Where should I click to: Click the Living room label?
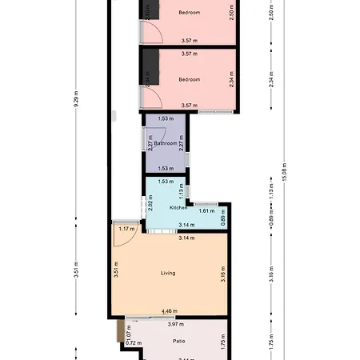[x=168, y=273]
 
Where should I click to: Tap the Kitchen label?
[x=178, y=207]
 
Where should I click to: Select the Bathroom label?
[x=166, y=144]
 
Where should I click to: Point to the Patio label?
[x=179, y=341]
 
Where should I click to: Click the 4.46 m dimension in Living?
[x=169, y=310]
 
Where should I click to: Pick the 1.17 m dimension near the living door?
[x=126, y=229]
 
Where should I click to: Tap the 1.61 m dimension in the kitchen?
[x=206, y=210]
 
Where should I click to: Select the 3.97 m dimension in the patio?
[x=176, y=324]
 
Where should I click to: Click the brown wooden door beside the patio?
[x=119, y=330]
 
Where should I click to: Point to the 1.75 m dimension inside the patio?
[x=223, y=340]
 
